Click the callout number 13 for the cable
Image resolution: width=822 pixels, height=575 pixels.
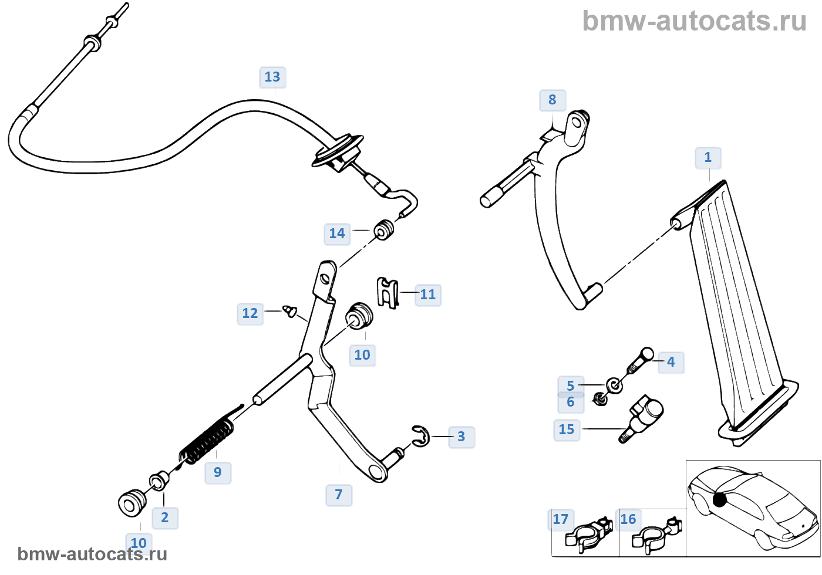coord(272,77)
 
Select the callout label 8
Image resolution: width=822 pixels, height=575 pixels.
coord(552,100)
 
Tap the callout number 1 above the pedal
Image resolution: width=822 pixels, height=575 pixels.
coord(708,157)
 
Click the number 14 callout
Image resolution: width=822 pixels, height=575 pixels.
coord(337,234)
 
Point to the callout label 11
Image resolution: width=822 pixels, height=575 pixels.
coord(427,295)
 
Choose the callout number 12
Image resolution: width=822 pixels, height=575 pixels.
coord(250,313)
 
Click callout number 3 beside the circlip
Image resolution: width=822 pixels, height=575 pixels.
coord(461,437)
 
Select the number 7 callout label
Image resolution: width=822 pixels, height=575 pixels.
coord(339,495)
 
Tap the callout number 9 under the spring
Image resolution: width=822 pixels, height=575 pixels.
coord(218,472)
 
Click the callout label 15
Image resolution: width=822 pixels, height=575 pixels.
coord(567,429)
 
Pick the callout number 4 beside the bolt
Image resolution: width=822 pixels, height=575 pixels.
coord(671,362)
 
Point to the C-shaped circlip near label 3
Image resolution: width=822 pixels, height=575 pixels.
coord(421,437)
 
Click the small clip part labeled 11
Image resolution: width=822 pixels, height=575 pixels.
coord(388,293)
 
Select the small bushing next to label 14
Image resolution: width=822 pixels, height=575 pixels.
coord(384,229)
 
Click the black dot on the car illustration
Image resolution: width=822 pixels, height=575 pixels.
coord(719,499)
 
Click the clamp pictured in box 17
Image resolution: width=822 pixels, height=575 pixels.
coord(589,533)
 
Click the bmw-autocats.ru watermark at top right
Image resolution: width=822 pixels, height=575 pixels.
coord(694,21)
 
